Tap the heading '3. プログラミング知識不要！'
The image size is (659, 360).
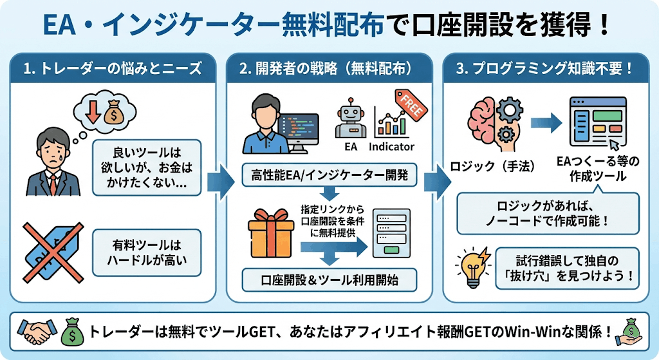tap(544, 68)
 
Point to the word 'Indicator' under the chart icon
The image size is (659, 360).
tap(391, 147)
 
